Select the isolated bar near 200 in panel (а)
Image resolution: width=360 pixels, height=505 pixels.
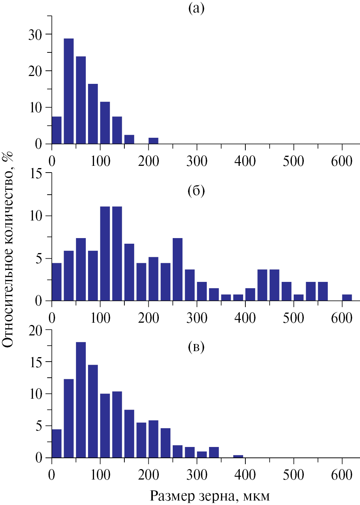pos(153,141)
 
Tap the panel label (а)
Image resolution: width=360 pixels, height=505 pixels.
pos(196,7)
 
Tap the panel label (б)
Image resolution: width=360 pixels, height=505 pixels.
pos(196,191)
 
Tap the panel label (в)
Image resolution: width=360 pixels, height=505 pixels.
pos(196,347)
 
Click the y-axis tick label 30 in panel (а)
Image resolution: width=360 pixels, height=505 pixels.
pos(35,35)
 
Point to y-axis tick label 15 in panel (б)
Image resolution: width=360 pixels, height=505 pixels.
pos(36,174)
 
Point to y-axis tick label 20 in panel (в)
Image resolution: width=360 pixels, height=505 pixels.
pos(36,331)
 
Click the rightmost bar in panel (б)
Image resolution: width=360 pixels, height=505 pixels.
pos(347,298)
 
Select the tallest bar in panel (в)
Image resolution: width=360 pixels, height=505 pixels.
pos(81,399)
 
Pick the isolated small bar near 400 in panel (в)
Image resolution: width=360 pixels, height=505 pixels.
pos(238,456)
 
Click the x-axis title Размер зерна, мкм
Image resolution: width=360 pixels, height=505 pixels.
pos(210,496)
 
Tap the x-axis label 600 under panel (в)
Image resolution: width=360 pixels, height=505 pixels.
pos(342,475)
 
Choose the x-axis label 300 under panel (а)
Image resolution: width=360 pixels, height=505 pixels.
pos(197,161)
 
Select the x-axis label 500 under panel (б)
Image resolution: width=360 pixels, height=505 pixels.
pos(293,318)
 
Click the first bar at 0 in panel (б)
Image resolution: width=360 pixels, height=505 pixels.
pos(57,282)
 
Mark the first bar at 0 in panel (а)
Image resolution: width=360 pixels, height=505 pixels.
pos(57,130)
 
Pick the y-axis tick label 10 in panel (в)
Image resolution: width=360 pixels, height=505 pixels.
pos(36,394)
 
